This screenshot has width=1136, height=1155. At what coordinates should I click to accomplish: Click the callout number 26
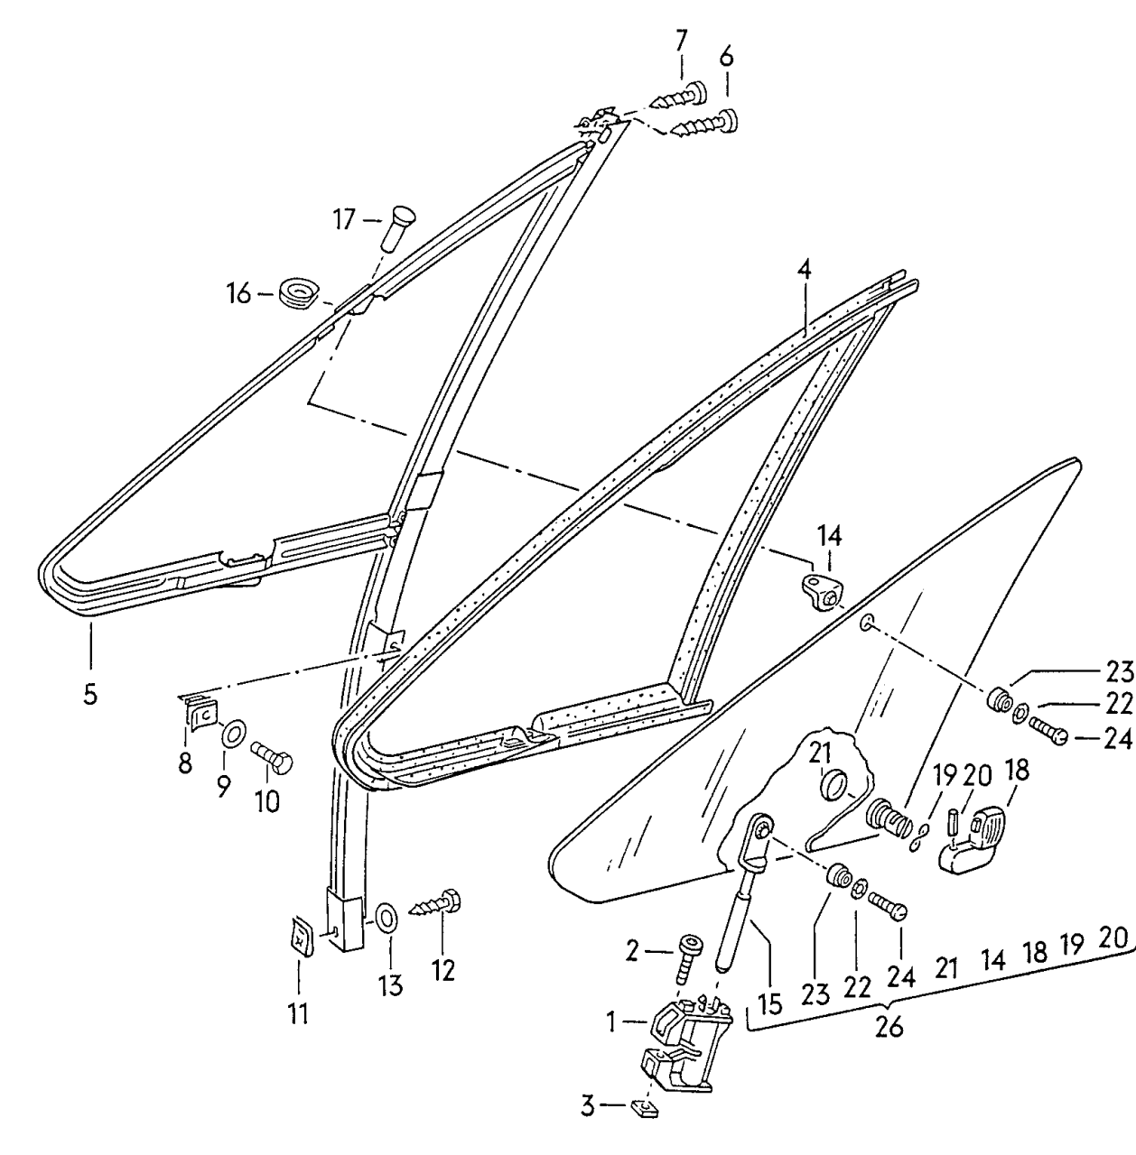[x=889, y=1027]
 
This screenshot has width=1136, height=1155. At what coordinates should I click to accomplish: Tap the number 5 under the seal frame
[x=90, y=695]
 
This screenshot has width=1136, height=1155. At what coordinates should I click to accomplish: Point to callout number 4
[x=804, y=269]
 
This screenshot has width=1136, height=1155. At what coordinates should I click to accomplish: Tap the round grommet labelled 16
[x=297, y=293]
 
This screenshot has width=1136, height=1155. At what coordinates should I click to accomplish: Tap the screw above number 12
[x=436, y=903]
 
